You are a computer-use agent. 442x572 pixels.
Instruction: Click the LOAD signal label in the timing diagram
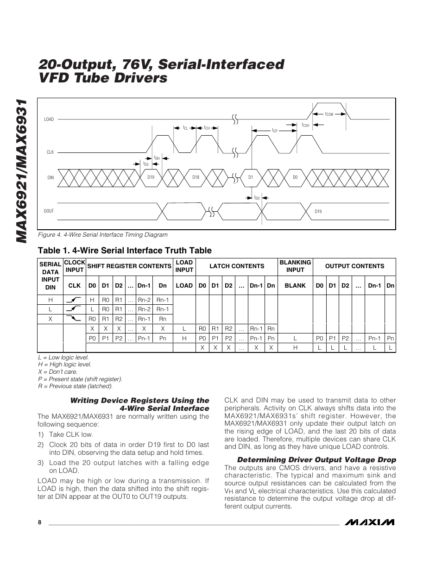coord(49,119)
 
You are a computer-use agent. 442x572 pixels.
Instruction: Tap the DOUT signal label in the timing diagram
coord(49,211)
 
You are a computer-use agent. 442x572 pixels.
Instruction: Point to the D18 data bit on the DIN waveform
coord(196,177)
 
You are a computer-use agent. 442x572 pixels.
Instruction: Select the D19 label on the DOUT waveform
coord(318,211)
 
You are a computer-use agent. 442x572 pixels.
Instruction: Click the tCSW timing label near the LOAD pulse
coord(329,114)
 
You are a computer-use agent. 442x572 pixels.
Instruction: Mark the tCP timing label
coord(274,131)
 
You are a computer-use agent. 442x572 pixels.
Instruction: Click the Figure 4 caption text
coord(103,235)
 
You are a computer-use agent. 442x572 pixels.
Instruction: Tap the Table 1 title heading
coord(125,251)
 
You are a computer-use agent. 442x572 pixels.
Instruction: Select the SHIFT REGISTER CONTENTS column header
coord(129,266)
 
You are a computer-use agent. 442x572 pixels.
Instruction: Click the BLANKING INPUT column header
coord(295,266)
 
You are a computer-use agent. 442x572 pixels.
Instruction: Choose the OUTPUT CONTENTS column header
coord(354,266)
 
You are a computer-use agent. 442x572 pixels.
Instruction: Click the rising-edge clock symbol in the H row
coord(74,300)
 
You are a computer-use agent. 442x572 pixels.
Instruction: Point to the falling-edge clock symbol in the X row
coord(74,319)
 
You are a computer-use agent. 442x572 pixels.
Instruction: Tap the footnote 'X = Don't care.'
coord(58,372)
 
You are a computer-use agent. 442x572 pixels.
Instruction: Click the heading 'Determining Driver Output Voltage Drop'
coord(316,460)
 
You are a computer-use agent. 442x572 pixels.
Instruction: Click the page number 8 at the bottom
coord(40,522)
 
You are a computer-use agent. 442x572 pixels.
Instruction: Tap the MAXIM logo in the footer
coord(372,522)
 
